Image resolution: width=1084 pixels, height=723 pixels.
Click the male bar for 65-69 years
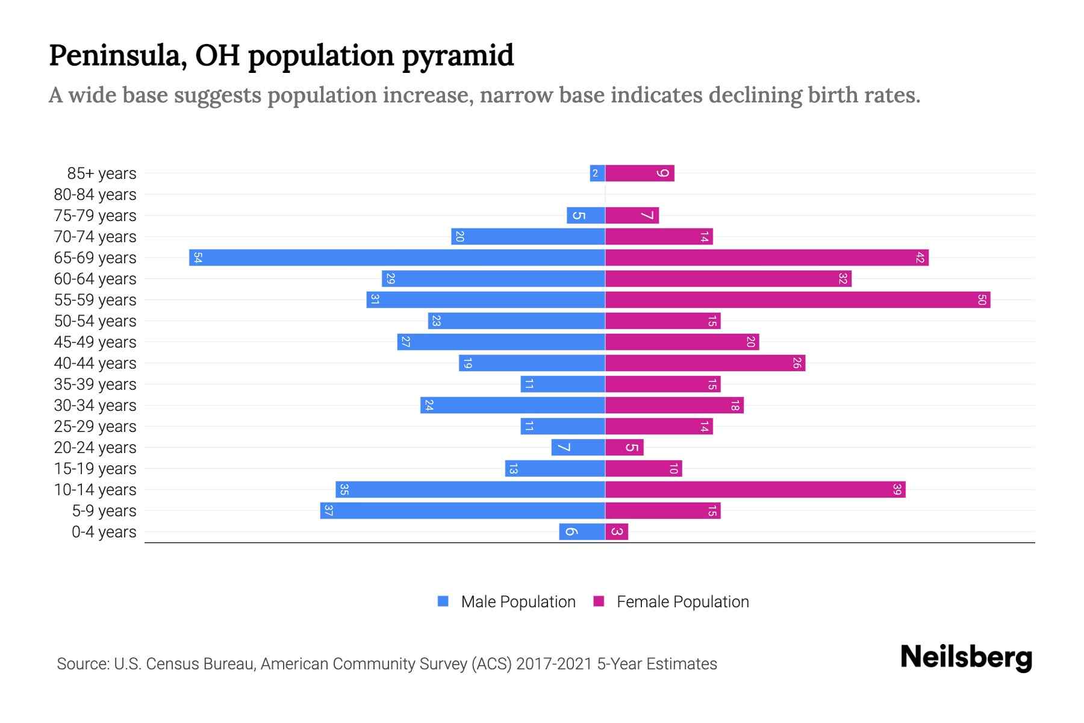[x=397, y=258]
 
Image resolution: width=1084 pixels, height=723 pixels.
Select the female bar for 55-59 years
[x=797, y=300]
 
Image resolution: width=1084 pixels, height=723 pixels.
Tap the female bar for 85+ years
[x=640, y=174]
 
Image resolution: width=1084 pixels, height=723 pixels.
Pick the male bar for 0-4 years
[x=582, y=532]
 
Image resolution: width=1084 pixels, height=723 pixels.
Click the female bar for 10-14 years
[x=755, y=490]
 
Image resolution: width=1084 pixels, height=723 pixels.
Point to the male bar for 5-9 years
[x=463, y=511]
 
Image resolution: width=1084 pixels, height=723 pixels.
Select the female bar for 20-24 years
[x=625, y=448]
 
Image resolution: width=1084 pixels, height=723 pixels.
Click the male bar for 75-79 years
[x=585, y=216]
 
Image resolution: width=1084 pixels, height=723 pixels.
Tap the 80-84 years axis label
[x=95, y=195]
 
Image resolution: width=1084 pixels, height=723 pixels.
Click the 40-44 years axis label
[x=95, y=363]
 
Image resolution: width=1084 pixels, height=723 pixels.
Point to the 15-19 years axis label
[x=95, y=469]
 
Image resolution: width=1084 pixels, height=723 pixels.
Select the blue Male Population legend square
[x=443, y=601]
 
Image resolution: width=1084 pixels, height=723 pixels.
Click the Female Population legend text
[x=682, y=602]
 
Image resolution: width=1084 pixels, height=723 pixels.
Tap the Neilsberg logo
[x=966, y=657]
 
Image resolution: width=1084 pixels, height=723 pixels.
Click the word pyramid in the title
[x=458, y=56]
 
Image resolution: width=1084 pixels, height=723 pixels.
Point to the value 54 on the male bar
[x=198, y=258]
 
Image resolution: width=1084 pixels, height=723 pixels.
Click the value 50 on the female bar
[x=982, y=300]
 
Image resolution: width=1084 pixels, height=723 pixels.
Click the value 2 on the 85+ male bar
[x=596, y=174]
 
